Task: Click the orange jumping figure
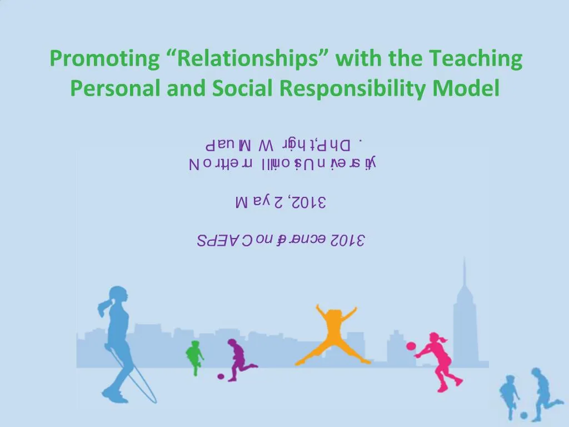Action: (332, 334)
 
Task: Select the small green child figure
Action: (194, 358)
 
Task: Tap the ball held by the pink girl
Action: (411, 346)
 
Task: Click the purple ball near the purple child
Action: (221, 376)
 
